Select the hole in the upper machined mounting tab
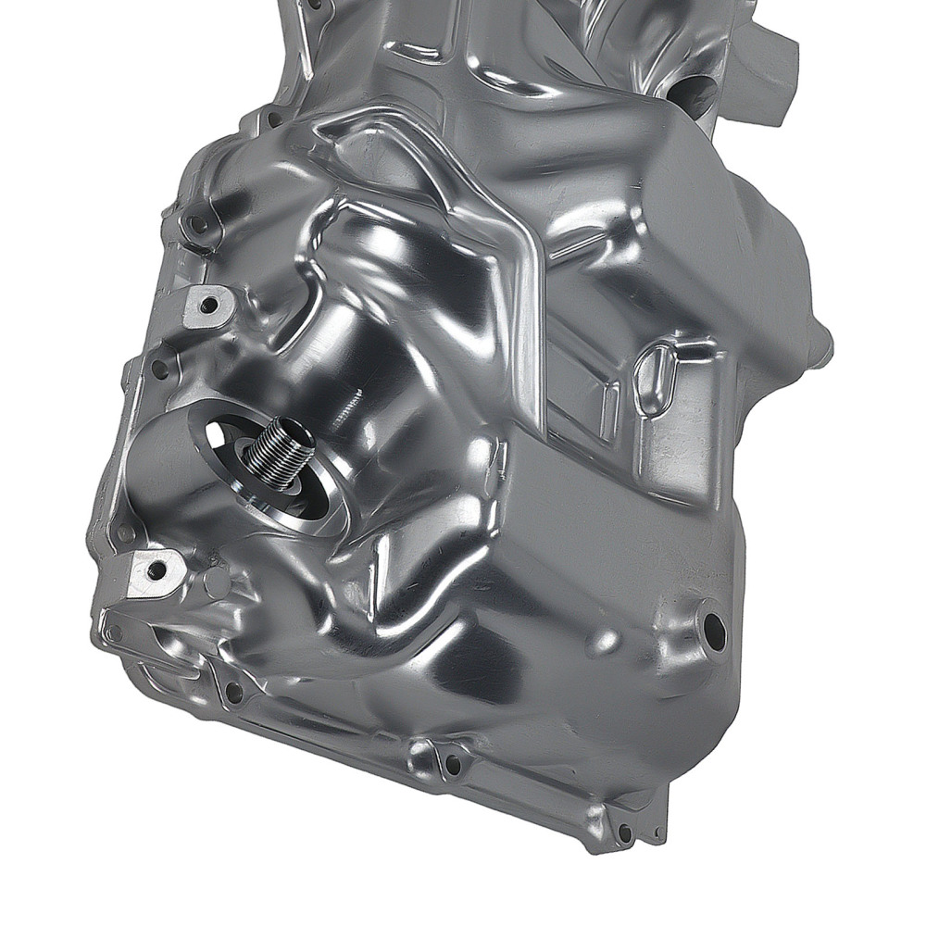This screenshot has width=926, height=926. [207, 304]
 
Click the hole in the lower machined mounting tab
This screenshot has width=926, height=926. [156, 569]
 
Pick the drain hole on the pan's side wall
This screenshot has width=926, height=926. [713, 628]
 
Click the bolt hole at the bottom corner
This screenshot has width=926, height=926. [625, 832]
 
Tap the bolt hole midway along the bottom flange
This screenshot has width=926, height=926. [451, 764]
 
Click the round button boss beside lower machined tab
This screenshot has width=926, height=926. [216, 581]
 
